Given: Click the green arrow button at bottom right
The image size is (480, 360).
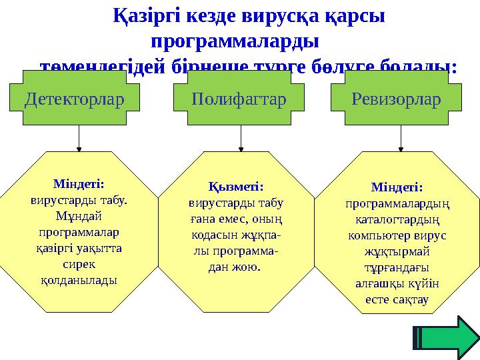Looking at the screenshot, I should coord(446,337).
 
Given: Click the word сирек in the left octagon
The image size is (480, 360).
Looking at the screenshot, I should coord(78,264).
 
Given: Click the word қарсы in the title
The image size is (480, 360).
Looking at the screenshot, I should coord(357,16).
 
